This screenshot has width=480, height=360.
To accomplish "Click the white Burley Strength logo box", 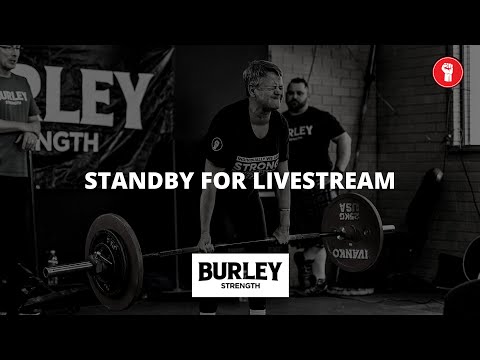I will pos(239,275).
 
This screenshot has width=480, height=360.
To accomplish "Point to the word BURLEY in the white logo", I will pos(239,270).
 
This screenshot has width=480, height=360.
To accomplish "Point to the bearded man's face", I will pos(301,97).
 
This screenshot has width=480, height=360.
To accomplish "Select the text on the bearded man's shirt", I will pos(300,130).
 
